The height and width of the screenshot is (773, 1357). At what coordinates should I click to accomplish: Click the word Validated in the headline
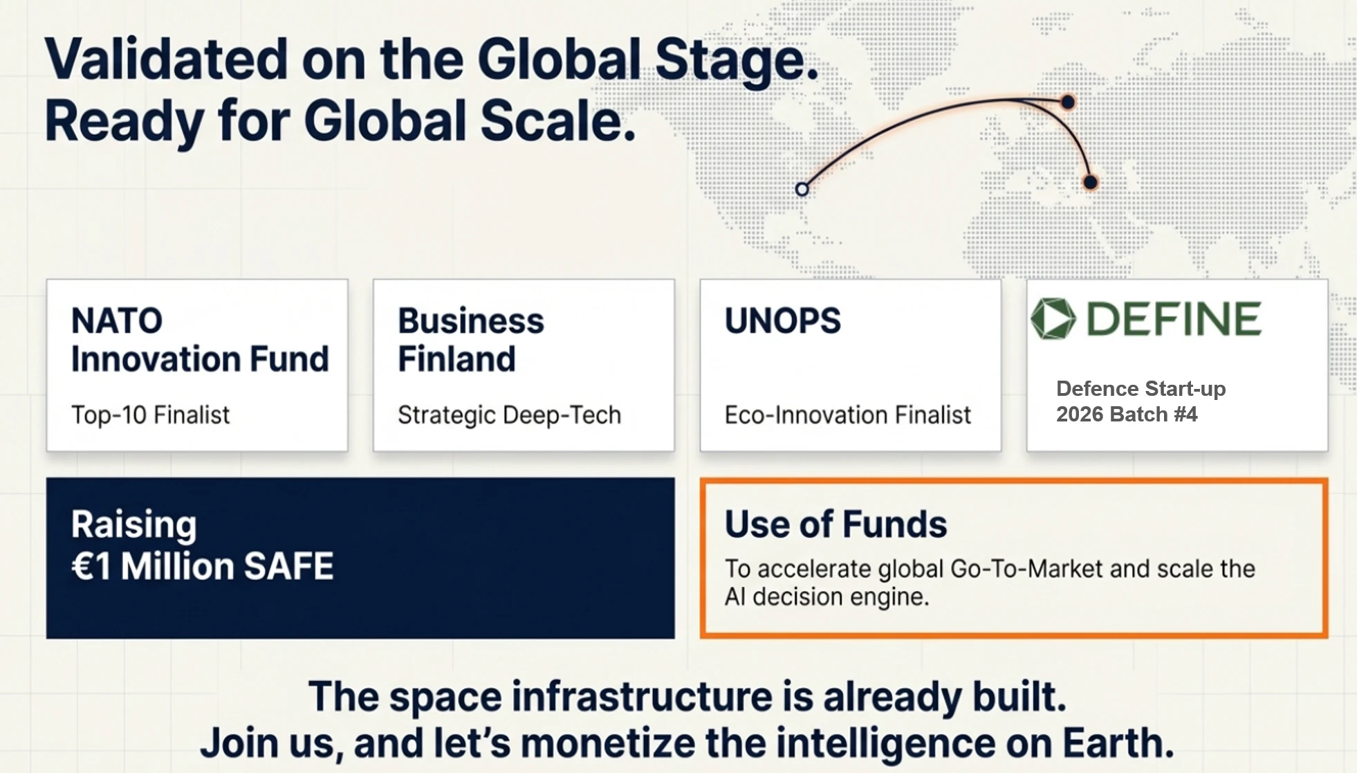166,60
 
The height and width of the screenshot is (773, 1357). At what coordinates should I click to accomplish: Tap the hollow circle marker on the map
802,189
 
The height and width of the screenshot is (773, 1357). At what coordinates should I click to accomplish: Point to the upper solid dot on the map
1068,102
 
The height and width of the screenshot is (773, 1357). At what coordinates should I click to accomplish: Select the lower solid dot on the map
1090,183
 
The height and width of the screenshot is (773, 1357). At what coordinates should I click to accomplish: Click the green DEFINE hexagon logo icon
1053,319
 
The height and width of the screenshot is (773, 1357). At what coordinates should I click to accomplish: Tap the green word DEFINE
1174,319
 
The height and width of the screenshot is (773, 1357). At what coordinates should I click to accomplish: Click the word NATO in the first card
117,321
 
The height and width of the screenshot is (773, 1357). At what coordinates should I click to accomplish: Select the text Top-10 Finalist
150,415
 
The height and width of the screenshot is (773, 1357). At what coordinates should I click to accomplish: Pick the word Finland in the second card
456,359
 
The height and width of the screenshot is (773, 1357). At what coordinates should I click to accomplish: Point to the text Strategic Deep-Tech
510,415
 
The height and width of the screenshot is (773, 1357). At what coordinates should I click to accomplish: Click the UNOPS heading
783,321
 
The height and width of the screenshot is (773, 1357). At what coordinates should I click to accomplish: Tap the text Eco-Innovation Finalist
848,415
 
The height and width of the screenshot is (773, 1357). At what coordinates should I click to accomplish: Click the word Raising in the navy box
134,525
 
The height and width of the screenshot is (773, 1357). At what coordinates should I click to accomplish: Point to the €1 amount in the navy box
91,567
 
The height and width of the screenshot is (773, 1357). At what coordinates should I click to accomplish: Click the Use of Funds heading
836,524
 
